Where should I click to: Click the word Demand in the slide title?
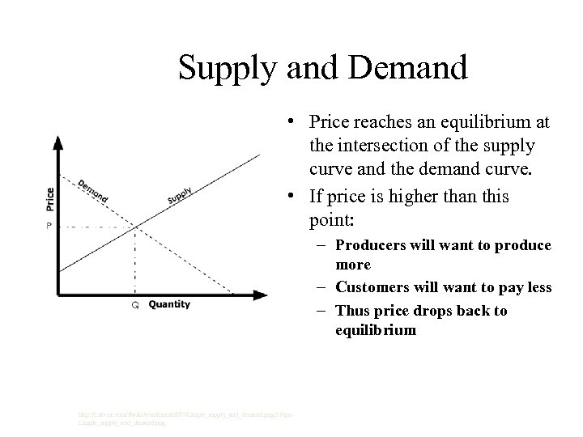409,67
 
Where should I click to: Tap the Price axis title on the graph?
50,200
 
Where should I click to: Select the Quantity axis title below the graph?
169,304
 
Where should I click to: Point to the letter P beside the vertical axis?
48,226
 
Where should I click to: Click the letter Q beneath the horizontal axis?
135,305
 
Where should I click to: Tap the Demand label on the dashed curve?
94,191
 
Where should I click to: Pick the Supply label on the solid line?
179,195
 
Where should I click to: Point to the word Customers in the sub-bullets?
372,287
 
